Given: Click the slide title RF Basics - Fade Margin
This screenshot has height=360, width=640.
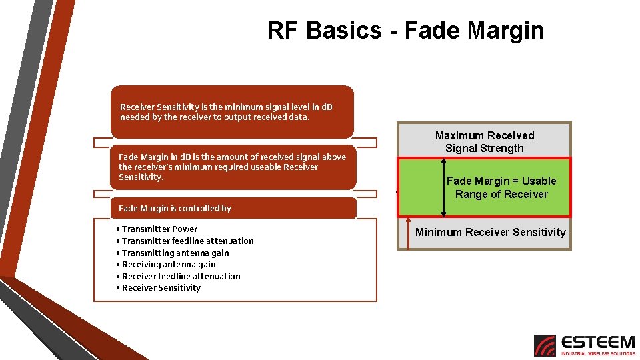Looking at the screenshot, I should coord(405,31).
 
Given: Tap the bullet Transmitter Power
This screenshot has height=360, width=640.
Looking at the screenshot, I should coord(159,229).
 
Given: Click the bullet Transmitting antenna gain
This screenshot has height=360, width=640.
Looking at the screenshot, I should coord(175,253).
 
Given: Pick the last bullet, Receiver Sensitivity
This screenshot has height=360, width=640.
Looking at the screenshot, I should coord(161,287).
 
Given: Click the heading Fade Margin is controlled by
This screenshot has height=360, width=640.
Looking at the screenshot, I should coord(175,208).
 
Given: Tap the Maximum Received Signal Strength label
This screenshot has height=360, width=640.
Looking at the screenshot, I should coord(485,141).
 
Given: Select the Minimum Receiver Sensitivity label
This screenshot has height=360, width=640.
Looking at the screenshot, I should coord(490,232).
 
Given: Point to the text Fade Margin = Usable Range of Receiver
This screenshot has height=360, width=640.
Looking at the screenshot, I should coord(501,187).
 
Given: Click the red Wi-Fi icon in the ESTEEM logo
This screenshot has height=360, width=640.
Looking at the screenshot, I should coord(545,345).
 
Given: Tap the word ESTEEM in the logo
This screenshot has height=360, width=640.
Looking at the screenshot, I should coord(598,342).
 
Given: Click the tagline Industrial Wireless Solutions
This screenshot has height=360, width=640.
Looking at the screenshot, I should coord(598,353).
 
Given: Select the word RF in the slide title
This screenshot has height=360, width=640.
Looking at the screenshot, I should coord(283,31).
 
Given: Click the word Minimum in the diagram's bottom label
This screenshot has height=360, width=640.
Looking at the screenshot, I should coord(437,232).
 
